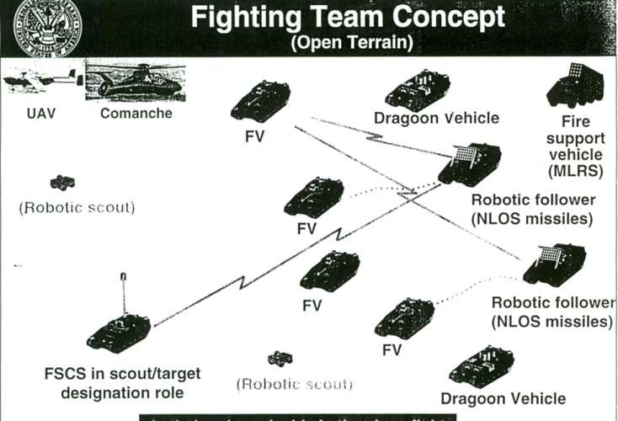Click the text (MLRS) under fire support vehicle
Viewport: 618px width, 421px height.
(574, 173)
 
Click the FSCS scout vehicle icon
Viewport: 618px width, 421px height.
(118, 331)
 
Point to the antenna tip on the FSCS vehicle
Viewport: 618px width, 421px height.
(123, 275)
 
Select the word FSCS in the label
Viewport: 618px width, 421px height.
(67, 374)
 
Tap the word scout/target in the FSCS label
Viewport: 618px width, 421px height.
(154, 374)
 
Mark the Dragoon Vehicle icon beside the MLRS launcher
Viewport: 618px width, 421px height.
(418, 89)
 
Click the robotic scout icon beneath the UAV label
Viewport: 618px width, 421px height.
(61, 182)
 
